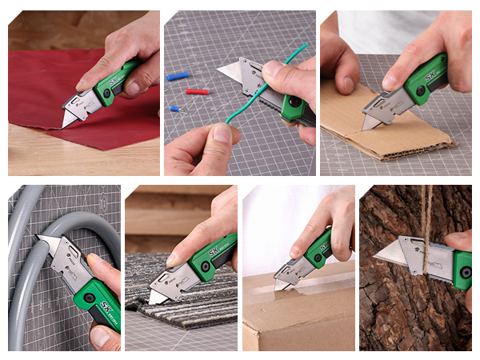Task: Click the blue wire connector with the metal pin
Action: coord(174,108)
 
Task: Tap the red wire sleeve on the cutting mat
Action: coord(197,92)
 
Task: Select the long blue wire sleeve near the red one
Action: coord(178,77)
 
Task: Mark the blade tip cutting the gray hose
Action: coord(42,239)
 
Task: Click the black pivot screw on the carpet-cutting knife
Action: coord(206,267)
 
